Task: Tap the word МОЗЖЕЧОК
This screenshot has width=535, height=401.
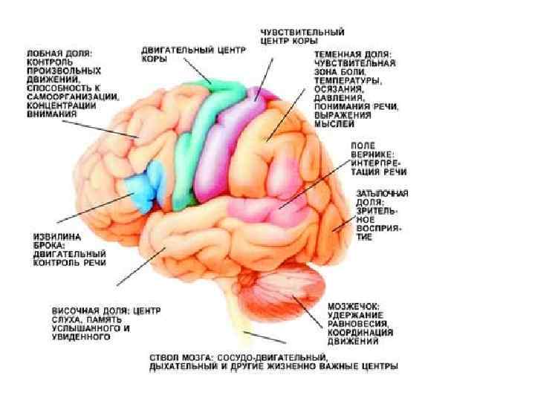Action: (353, 305)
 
